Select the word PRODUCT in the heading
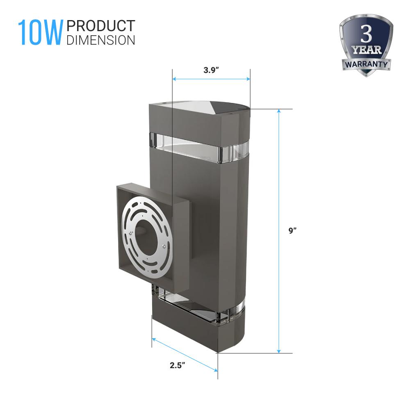pos(101,26)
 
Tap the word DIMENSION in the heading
pos(101,40)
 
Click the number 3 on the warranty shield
pos(366,34)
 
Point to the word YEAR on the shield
pos(366,50)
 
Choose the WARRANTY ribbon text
pos(366,64)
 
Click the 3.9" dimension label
pos(211,70)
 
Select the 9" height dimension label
pos(292,230)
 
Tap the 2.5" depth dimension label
pos(177,365)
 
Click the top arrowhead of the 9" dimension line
pos(279,111)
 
